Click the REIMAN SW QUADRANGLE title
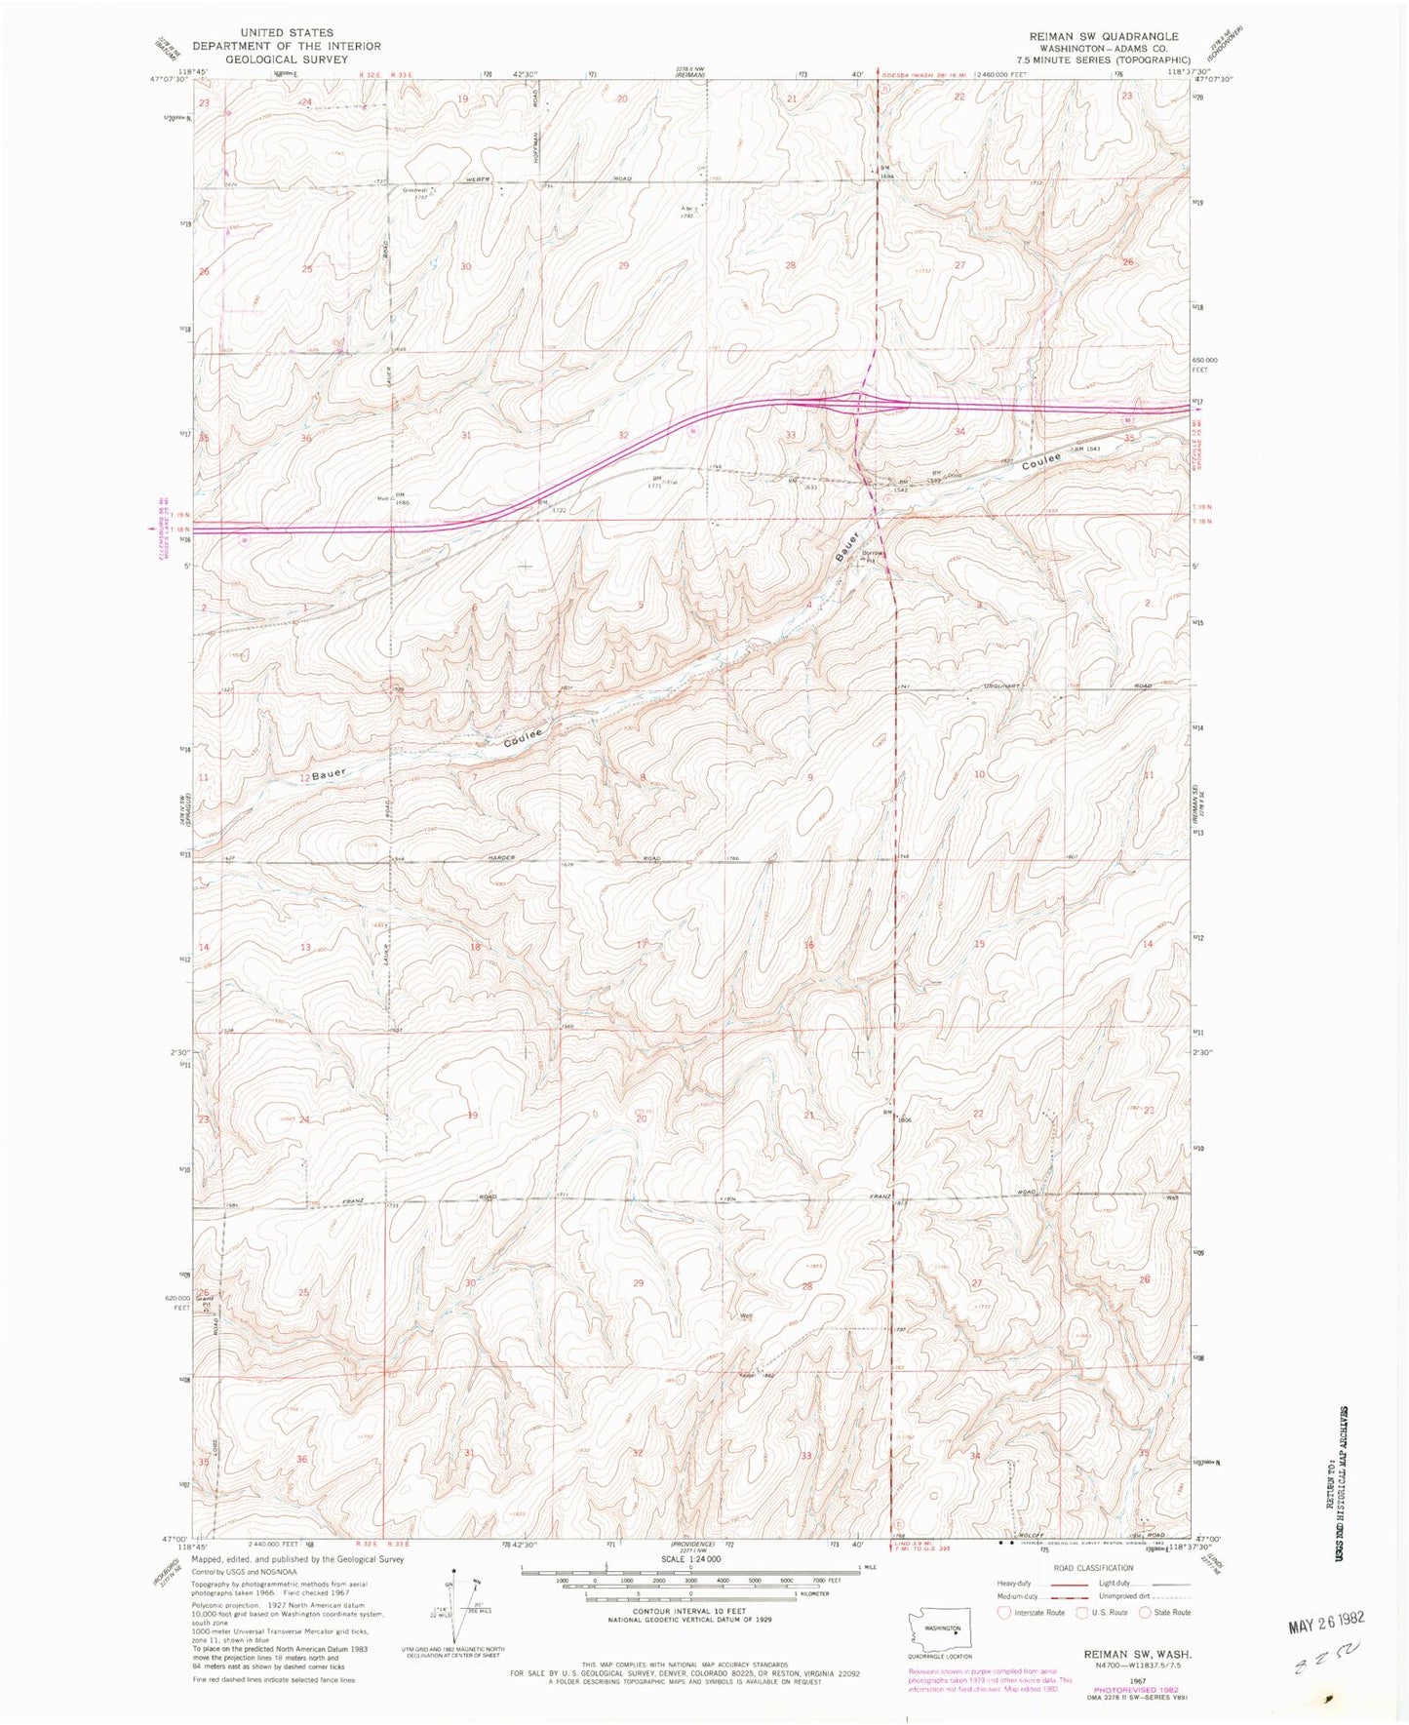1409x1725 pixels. pos(1104,36)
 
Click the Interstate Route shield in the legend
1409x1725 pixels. pos(1005,1612)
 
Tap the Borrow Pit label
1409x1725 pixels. pos(871,557)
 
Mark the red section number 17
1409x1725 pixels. pos(642,944)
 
